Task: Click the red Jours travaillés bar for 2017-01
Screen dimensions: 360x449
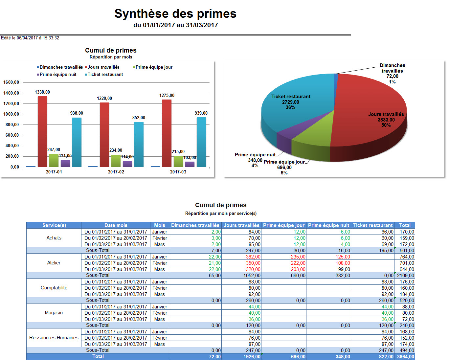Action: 42,131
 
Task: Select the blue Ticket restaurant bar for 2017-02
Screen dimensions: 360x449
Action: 139,145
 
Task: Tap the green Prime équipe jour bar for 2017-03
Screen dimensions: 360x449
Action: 178,161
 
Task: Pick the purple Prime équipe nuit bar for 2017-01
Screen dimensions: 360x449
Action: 65,163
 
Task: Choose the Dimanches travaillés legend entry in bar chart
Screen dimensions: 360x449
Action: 61,67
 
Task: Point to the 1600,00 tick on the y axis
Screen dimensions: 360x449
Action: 11,82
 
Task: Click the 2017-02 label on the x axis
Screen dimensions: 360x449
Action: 116,172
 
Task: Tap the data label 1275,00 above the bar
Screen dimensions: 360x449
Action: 167,96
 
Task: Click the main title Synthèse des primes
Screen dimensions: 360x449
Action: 175,14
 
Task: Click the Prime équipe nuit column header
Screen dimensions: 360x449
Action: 328,225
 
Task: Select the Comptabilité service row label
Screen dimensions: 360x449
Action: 54,288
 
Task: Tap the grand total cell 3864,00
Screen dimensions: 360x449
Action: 406,357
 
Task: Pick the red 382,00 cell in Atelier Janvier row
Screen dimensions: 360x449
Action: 253,257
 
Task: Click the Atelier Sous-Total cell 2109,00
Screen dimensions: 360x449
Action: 406,276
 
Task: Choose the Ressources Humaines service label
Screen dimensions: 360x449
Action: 54,338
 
